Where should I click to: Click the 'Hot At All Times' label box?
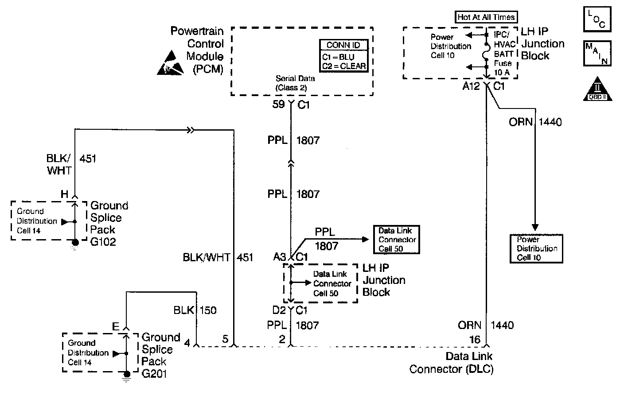pos(486,17)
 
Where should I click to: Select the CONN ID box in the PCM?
pos(343,56)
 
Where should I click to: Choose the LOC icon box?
pos(597,19)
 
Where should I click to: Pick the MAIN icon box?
pos(597,54)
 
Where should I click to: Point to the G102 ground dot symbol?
pos(75,242)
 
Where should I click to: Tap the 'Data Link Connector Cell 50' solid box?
pos(396,240)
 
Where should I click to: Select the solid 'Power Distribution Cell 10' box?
pos(536,248)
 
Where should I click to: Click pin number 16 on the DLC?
pos(475,340)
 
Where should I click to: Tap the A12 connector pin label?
pos(471,86)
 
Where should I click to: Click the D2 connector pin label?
pos(279,310)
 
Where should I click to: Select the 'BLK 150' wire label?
pos(195,310)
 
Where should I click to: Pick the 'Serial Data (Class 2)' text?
pos(295,83)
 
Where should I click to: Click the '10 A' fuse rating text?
pos(501,72)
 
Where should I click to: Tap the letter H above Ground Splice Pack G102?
pos(65,194)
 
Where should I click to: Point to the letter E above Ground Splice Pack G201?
pos(116,327)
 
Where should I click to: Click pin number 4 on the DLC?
pos(187,342)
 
